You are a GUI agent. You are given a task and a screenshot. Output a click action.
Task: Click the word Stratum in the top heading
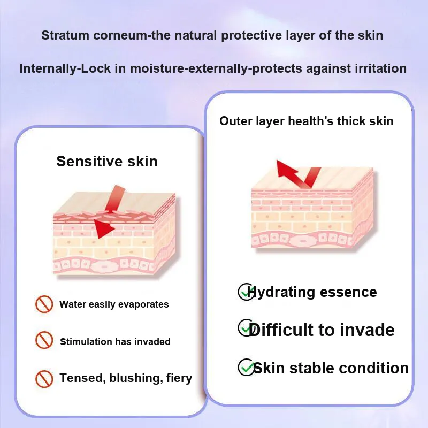tap(65, 35)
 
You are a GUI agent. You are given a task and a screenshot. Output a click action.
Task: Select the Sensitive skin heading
tap(107, 161)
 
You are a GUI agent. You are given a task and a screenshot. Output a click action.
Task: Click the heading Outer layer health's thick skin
tap(306, 121)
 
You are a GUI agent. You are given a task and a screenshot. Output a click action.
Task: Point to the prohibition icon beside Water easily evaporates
tap(44, 304)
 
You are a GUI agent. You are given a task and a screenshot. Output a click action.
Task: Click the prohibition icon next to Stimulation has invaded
tap(44, 340)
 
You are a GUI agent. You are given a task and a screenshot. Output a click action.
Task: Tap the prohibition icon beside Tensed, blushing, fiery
tap(44, 379)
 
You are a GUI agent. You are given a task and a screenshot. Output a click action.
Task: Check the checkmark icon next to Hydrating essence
tap(246, 292)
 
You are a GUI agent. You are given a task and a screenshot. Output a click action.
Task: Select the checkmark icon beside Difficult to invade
tap(246, 328)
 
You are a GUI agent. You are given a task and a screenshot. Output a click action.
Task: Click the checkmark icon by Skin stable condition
tap(246, 367)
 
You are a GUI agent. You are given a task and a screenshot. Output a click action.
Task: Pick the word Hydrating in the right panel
tap(281, 292)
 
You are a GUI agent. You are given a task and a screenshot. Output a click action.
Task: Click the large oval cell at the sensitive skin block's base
tap(104, 266)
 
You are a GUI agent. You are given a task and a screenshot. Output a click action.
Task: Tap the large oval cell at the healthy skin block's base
tap(303, 241)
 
